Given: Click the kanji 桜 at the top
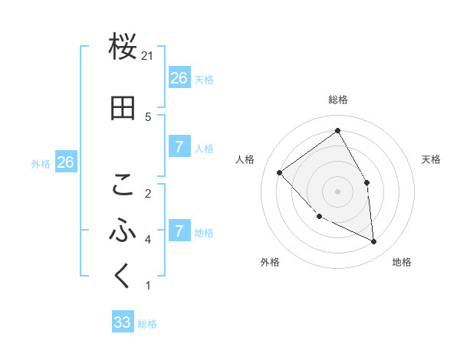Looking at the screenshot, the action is (123, 48).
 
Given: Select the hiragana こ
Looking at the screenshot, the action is (123, 185).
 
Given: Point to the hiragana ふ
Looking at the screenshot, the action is (123, 230).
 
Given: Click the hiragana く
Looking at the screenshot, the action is (123, 276).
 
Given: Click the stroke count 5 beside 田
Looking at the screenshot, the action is (148, 116).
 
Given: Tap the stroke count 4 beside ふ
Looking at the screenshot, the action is (148, 240).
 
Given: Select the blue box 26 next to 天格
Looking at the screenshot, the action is (179, 77).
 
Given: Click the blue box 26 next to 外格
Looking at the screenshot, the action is (65, 162).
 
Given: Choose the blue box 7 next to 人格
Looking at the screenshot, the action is (179, 147).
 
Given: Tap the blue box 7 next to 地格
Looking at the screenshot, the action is (179, 231).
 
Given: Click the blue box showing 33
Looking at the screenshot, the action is (123, 322).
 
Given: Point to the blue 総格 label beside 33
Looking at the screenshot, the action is (147, 324).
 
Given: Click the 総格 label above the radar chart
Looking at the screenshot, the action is (338, 100).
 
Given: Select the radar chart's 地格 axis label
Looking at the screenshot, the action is (402, 263).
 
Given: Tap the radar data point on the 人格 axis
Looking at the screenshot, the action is (280, 172).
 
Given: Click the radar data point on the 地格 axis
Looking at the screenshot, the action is (374, 241).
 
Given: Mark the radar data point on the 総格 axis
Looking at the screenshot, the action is (337, 131).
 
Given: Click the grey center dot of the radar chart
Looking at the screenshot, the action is (337, 191).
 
